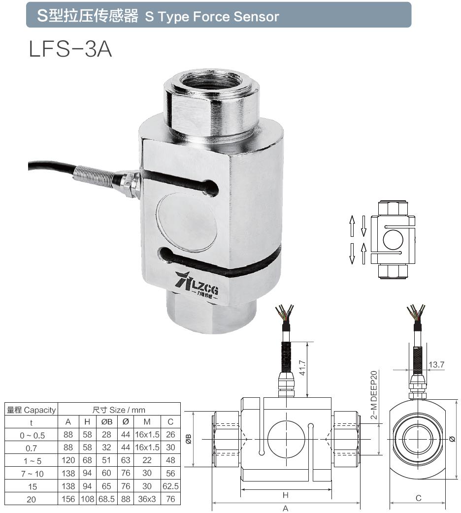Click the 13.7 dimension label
pos(436,365)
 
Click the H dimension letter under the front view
pos(285,495)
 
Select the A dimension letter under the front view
pos(285,508)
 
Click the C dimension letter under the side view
pos(418,498)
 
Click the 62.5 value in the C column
pos(170,486)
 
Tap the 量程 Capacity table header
pos(32,410)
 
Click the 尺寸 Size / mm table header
pos(119,410)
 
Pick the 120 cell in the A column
pos(68,460)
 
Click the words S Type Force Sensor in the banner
pos(212,17)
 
